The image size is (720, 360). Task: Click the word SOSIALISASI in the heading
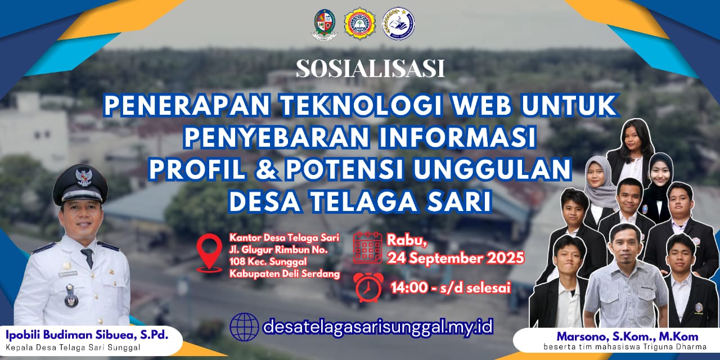coord(370,69)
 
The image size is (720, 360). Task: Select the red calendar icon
coord(367,247)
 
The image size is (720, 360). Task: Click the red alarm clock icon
coord(368,287)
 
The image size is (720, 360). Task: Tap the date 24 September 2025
coord(455,258)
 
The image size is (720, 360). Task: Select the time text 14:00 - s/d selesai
coord(450,288)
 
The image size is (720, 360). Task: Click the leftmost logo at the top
coord(324,24)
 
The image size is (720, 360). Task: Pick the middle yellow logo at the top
coord(361,24)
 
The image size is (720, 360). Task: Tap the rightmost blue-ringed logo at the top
coord(398,24)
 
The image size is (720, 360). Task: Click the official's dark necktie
coord(88,258)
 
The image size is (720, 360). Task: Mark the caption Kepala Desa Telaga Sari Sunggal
coord(73,347)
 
